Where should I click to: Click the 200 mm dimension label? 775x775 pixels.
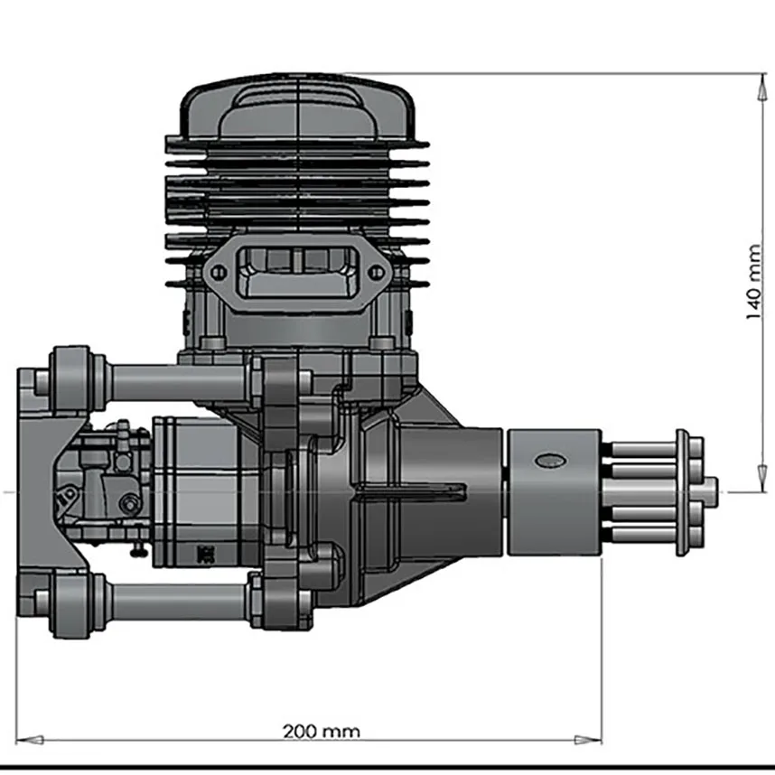pos(321,730)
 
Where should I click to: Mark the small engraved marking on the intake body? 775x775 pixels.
pos(203,552)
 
